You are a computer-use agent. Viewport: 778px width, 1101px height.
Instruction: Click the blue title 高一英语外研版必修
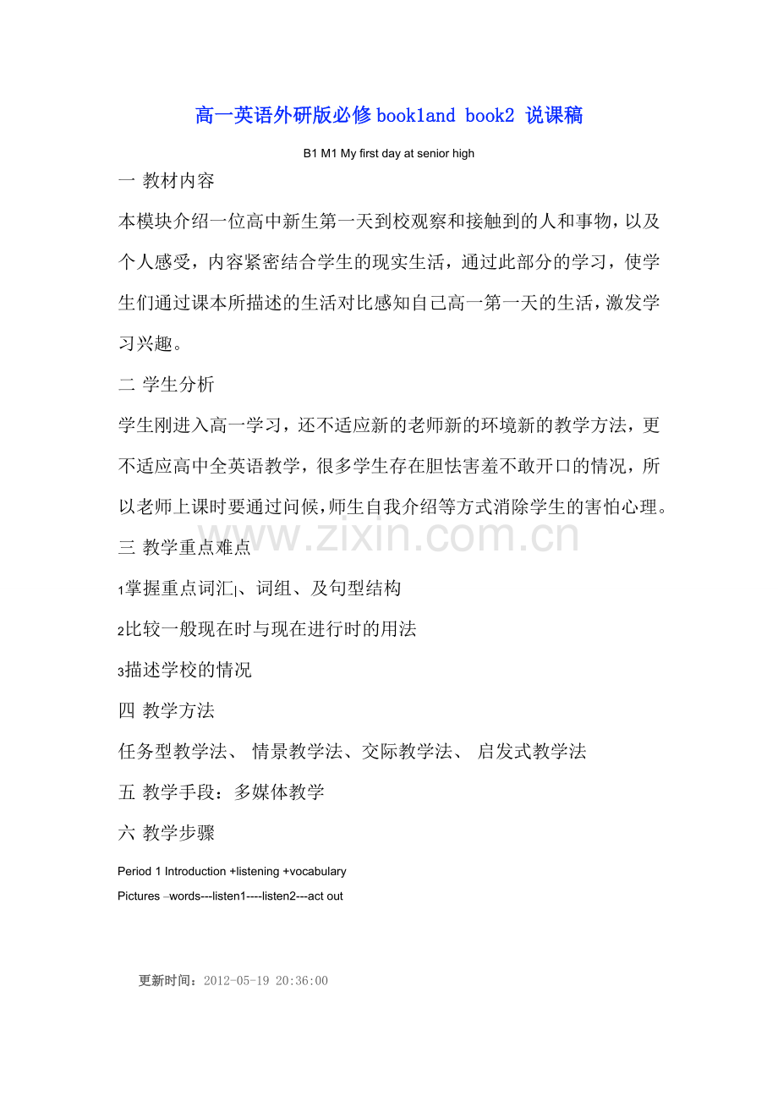[x=283, y=116]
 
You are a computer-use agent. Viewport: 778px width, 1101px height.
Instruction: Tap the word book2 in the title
[x=490, y=116]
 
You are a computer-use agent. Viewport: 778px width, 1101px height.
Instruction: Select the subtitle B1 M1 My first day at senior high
[x=389, y=154]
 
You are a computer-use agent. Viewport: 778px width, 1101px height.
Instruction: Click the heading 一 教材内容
[x=167, y=181]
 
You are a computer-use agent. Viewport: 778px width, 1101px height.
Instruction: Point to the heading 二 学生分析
[x=167, y=385]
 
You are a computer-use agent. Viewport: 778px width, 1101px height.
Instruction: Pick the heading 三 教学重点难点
[x=185, y=548]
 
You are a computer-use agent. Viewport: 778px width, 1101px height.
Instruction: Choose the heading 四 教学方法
[x=167, y=710]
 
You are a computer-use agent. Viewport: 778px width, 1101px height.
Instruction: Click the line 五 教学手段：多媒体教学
[x=222, y=792]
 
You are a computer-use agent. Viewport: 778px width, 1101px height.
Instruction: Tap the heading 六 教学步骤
[x=167, y=833]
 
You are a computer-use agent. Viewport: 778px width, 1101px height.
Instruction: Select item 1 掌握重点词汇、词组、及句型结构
[x=260, y=589]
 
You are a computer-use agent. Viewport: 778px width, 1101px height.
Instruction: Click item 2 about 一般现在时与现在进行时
[x=267, y=629]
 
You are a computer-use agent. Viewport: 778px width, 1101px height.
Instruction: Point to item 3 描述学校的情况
[x=185, y=671]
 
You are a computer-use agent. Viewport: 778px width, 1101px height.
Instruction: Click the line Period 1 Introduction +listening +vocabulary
[x=233, y=871]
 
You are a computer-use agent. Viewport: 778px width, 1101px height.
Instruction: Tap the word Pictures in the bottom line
[x=139, y=896]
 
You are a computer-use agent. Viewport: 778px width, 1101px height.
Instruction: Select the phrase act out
[x=326, y=896]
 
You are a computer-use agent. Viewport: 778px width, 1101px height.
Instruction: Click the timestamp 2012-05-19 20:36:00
[x=266, y=981]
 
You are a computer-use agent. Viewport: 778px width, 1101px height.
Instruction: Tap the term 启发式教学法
[x=532, y=751]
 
